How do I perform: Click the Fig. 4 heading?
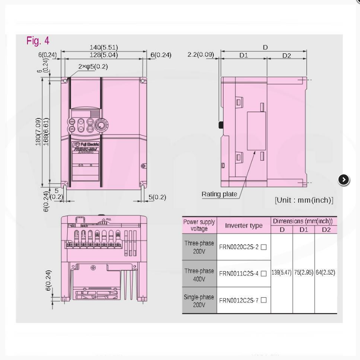point(38,41)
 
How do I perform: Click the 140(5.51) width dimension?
point(104,47)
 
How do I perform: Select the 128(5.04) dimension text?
point(104,55)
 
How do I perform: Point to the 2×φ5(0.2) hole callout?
point(93,66)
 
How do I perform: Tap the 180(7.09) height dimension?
point(38,132)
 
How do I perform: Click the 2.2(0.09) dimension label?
point(201,55)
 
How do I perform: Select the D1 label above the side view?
point(244,55)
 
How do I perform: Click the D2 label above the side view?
point(286,55)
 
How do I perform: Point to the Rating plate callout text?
point(219,194)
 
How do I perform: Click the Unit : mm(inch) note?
point(304,200)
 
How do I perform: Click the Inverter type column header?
point(243,225)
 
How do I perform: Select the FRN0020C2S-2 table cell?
point(239,247)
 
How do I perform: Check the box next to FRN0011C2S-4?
point(264,274)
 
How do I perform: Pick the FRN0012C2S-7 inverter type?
point(239,300)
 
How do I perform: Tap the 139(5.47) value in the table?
point(281,272)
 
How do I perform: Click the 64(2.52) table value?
point(326,272)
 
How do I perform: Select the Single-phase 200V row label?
point(199,300)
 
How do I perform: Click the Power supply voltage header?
point(199,225)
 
